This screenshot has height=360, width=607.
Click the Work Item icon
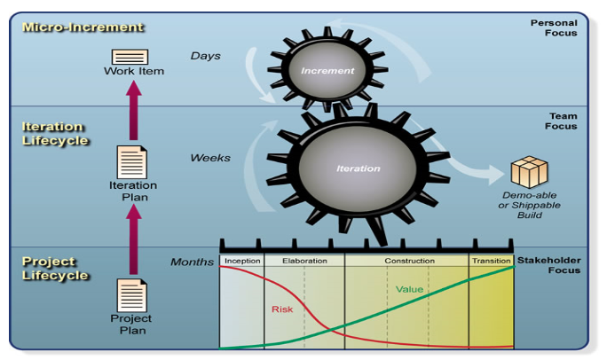point(130,57)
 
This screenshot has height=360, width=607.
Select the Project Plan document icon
point(132,295)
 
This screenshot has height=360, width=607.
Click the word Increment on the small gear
point(327,71)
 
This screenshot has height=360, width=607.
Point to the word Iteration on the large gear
point(359,168)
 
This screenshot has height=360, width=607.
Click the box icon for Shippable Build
point(530,172)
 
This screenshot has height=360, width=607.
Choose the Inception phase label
point(241,262)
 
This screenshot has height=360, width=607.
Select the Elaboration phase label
point(304,262)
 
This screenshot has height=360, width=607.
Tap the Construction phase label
point(409,262)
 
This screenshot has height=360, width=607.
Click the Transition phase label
point(491,262)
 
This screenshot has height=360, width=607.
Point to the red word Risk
point(282,309)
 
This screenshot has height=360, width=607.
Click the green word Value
point(409,288)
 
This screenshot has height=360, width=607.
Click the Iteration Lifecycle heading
point(54,134)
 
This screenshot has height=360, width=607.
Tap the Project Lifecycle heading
point(54,269)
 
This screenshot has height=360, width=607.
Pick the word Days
point(205,56)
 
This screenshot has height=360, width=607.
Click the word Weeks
point(210,159)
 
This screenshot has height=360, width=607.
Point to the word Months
point(192,262)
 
